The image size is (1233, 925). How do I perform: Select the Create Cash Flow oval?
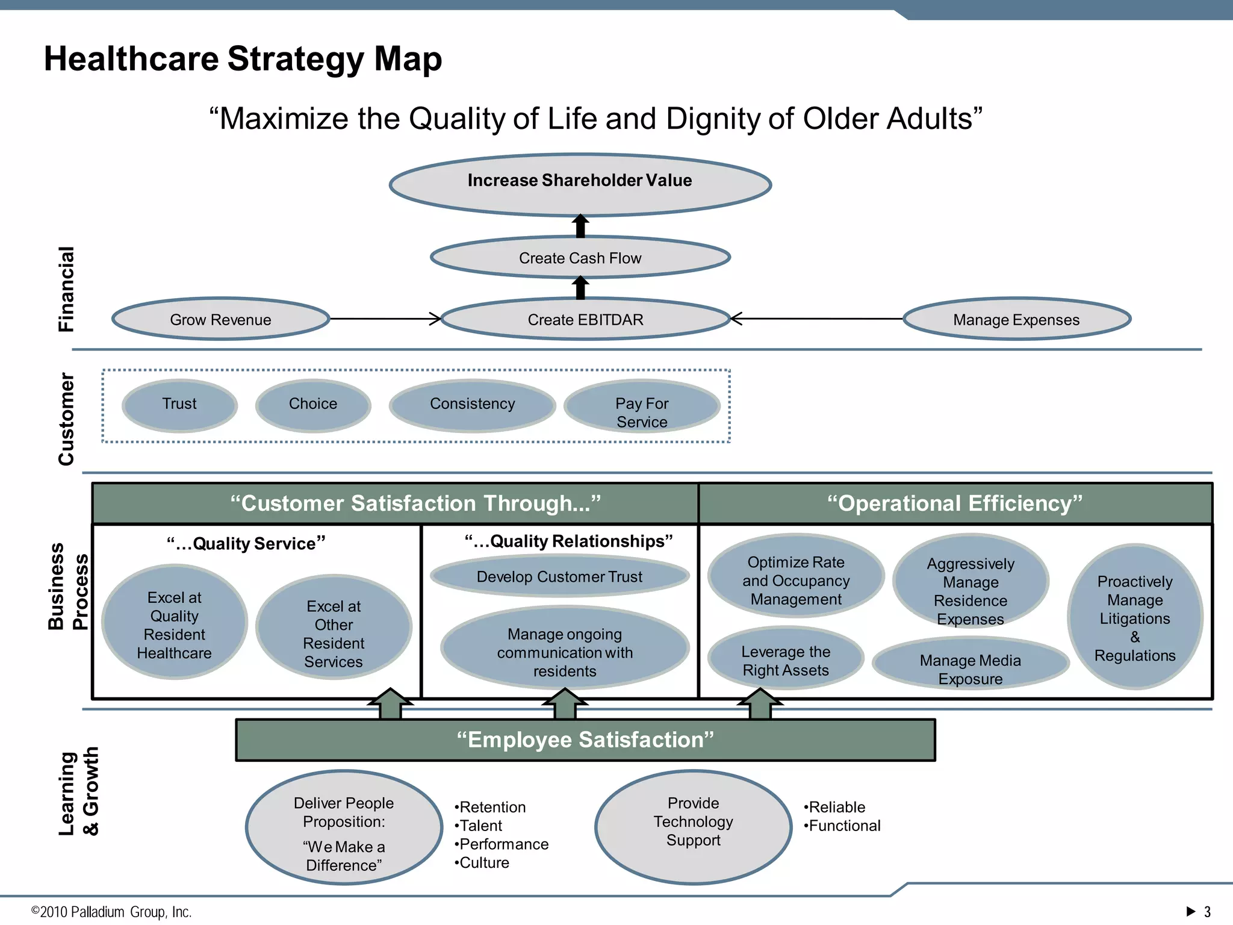(580, 258)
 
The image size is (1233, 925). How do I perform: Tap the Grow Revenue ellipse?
(220, 319)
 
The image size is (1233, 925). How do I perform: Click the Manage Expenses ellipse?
(1016, 319)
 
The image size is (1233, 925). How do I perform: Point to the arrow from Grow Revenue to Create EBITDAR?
(385, 319)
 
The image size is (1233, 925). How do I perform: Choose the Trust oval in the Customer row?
(179, 405)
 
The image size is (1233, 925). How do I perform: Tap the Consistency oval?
(472, 405)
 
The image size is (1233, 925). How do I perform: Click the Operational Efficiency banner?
(955, 503)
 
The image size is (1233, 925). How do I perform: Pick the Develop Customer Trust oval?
(559, 576)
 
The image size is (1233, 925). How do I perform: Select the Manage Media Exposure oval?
(970, 665)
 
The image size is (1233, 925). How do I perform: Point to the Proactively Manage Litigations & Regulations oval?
(1134, 617)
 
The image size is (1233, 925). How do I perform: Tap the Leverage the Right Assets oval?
(785, 659)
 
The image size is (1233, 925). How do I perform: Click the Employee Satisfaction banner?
(585, 740)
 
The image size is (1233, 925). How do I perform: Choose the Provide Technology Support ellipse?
(693, 827)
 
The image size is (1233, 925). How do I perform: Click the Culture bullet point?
(483, 862)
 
